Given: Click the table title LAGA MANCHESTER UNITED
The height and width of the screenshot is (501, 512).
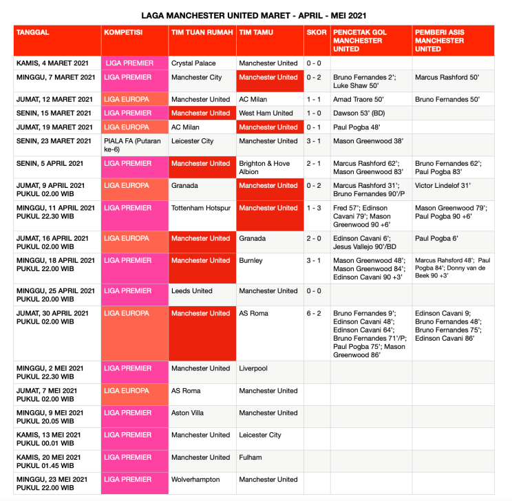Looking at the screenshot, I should pos(253,15).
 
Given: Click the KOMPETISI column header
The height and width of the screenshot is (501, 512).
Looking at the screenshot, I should pos(123,32).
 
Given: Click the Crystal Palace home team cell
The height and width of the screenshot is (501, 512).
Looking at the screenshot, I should pos(193,63).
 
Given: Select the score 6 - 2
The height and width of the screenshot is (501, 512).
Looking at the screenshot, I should pos(314,313).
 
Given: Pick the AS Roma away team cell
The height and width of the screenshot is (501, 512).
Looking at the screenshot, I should pos(253,313).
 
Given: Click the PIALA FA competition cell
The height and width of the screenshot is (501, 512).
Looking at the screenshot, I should pos(131,145).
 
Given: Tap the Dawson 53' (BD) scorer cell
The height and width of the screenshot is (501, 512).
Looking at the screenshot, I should pos(358,113).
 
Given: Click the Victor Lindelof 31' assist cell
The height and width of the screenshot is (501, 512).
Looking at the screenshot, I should pos(442,186).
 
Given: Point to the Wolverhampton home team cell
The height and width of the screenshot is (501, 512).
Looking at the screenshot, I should pos(195,480).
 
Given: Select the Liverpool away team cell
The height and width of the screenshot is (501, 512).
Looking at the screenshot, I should pos(253,368).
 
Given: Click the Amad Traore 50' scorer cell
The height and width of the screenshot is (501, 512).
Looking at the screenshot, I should pos(359,99).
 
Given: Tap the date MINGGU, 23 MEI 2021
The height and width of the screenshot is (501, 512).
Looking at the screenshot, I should pos(52,480).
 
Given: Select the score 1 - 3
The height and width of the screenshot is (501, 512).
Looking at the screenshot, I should pos(314,208).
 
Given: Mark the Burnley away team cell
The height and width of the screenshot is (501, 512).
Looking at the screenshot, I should pos(250,261).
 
